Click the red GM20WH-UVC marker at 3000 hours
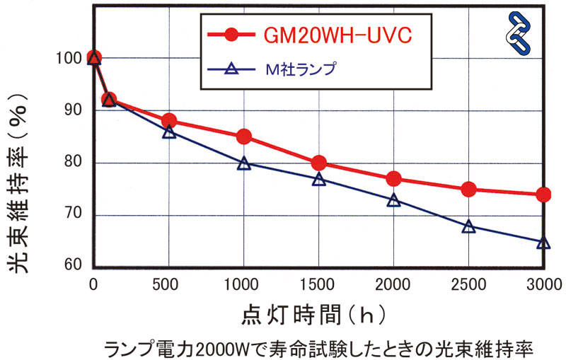(x=543, y=194)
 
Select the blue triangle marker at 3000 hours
(x=543, y=243)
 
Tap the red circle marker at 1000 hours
(x=244, y=137)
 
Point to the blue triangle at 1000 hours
(x=244, y=163)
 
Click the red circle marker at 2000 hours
(x=394, y=178)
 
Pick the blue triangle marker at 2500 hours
(x=468, y=227)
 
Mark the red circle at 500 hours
(x=168, y=121)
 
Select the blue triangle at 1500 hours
(x=319, y=179)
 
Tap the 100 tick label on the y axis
(x=71, y=59)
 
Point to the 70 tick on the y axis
(x=74, y=215)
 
